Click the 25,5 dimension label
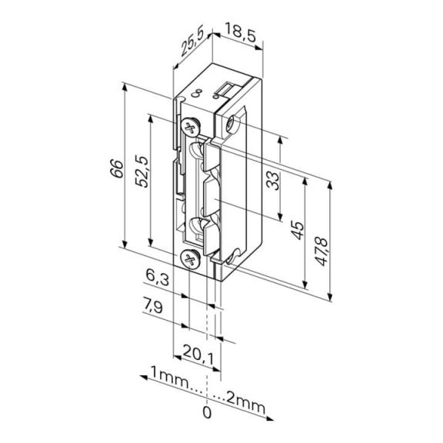point(192,43)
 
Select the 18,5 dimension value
point(240,32)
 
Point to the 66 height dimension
point(117,168)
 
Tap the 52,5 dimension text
point(142,172)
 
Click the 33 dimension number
point(273,181)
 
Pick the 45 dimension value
point(298,231)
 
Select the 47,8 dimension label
point(321,252)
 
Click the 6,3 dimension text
point(158,277)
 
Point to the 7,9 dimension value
point(153,305)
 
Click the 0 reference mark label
point(207,413)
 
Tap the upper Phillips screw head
point(190,126)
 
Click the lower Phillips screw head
point(190,258)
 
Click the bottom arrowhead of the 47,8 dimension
point(329,297)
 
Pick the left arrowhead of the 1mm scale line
point(144,378)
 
